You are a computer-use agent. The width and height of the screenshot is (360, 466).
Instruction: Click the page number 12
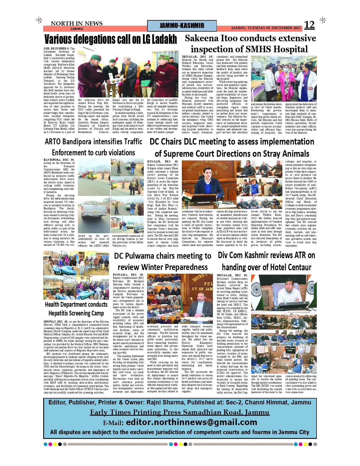(x=309, y=25)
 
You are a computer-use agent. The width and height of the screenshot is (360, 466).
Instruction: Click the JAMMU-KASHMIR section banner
(x=182, y=26)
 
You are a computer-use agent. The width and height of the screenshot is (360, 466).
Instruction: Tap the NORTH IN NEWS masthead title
(x=77, y=23)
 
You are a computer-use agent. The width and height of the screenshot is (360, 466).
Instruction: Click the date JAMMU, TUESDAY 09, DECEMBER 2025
(x=266, y=28)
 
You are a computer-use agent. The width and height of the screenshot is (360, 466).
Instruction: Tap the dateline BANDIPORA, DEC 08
(x=59, y=160)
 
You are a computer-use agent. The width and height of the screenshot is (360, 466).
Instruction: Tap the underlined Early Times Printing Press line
(x=180, y=412)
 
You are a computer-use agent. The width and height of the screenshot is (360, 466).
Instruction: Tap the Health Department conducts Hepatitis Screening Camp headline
(x=76, y=309)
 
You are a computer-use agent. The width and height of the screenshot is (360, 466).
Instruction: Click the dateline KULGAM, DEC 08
(x=162, y=162)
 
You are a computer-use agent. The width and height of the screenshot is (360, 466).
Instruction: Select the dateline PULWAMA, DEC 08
(x=128, y=275)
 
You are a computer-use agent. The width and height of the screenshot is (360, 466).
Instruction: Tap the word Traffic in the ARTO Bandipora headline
(x=129, y=141)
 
